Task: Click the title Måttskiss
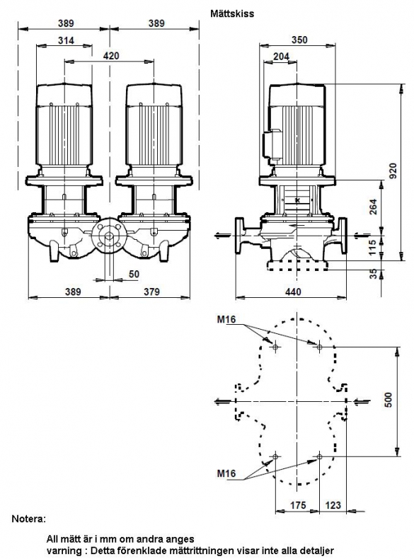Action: [x=232, y=13]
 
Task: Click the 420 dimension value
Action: [x=111, y=56]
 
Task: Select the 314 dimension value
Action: [x=66, y=40]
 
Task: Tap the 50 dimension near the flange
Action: [x=134, y=274]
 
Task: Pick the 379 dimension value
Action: [x=152, y=292]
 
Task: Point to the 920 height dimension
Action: [x=393, y=171]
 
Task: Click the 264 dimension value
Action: [x=373, y=207]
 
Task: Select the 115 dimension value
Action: [x=372, y=248]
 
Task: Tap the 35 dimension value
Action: [x=373, y=274]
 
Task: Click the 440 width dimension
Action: [x=293, y=292]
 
